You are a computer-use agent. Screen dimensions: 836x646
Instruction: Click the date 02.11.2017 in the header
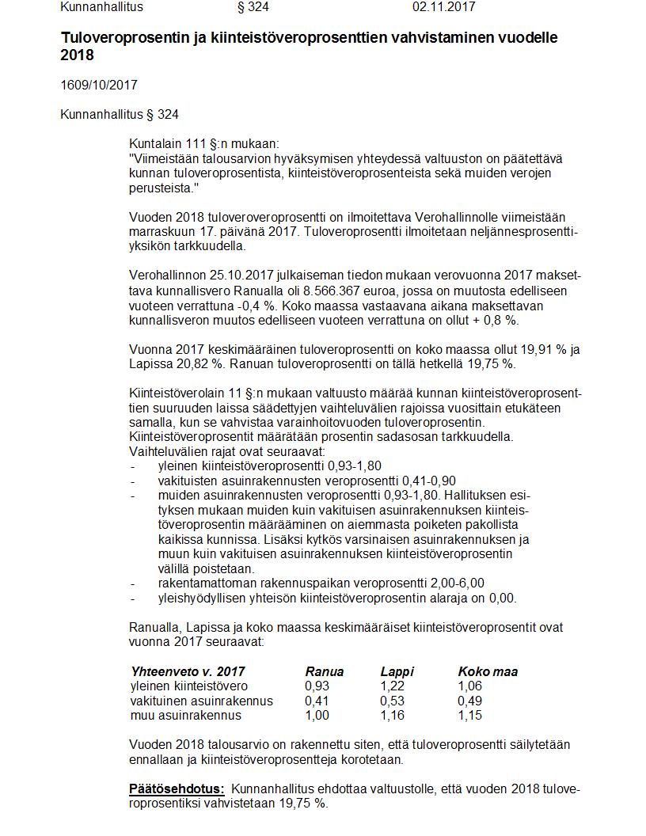[x=443, y=7]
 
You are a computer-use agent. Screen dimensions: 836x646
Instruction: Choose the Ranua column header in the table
[x=323, y=671]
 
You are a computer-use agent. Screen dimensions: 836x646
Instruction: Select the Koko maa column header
[x=488, y=671]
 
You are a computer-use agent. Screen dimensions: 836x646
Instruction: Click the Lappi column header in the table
[x=397, y=671]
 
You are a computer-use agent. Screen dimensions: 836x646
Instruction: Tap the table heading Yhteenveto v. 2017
[x=188, y=671]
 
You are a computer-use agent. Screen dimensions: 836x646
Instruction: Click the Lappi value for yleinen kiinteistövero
[x=393, y=686]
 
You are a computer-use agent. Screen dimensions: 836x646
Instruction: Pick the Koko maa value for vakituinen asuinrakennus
[x=469, y=701]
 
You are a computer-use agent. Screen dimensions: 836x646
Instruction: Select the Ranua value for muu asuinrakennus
[x=317, y=715]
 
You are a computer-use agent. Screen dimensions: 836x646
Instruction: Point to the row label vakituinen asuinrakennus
[x=201, y=701]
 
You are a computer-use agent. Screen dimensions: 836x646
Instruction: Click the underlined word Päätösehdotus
[x=177, y=788]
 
